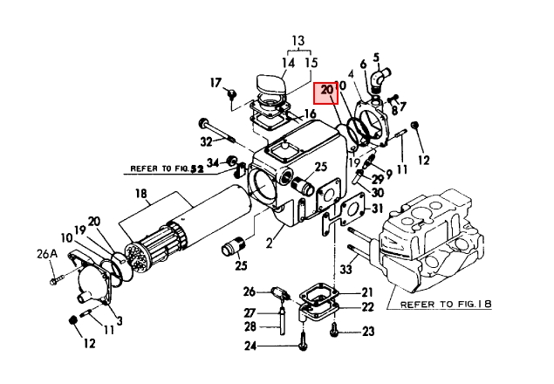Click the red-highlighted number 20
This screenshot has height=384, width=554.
327,90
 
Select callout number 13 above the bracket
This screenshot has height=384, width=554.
298,40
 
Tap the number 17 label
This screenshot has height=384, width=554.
215,83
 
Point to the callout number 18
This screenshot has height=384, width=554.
141,194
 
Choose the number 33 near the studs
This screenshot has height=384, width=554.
346,270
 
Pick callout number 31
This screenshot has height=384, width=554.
377,209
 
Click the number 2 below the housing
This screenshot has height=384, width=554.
270,243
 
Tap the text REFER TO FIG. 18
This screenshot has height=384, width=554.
446,304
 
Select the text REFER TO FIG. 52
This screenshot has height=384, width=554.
168,168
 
